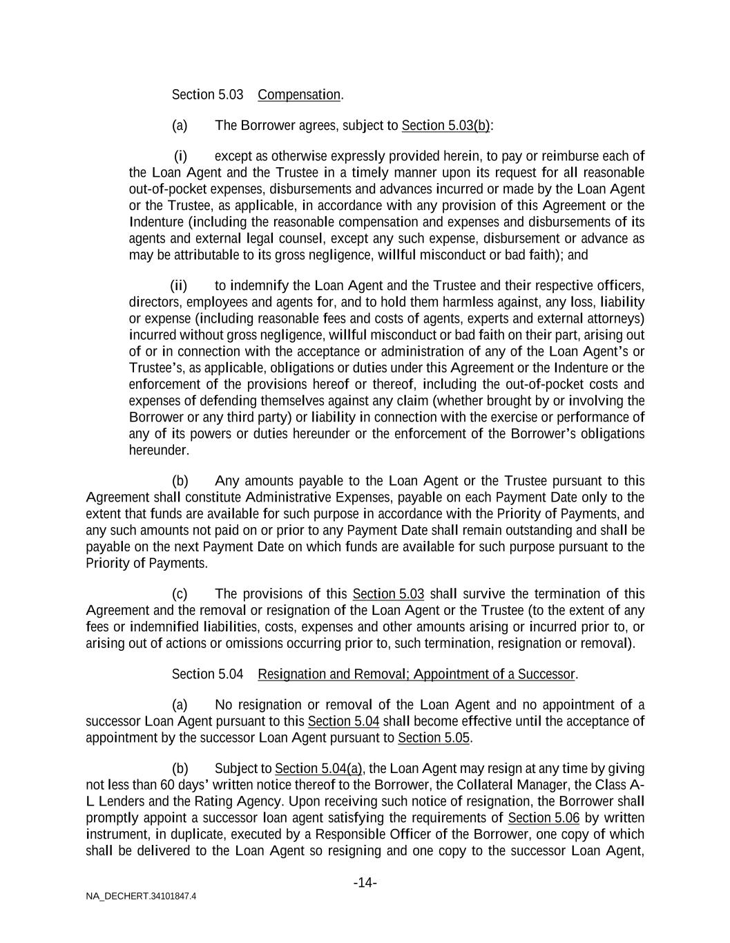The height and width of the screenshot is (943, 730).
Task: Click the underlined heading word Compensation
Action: [x=299, y=95]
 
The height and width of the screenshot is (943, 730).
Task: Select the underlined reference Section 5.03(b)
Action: [x=446, y=125]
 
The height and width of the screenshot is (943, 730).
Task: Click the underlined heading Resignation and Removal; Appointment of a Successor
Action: [x=416, y=674]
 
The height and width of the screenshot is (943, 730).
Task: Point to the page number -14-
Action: [x=365, y=883]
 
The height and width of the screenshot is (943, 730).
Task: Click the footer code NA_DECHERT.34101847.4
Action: [x=141, y=896]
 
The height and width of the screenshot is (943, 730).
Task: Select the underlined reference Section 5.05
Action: [x=434, y=738]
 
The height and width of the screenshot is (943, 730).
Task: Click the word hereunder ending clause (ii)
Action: [x=158, y=450]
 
